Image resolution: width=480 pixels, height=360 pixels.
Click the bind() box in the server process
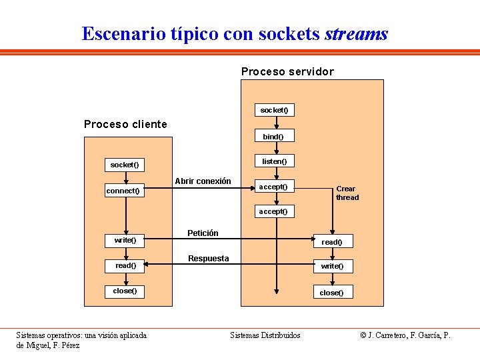click(x=273, y=137)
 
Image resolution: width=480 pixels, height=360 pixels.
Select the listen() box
click(x=274, y=161)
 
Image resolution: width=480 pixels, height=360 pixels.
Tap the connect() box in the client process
click(x=124, y=191)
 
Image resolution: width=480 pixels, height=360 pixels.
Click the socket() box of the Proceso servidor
click(x=274, y=110)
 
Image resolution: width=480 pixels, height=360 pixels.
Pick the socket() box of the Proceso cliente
click(x=125, y=165)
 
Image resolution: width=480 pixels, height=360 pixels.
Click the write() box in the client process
click(x=125, y=240)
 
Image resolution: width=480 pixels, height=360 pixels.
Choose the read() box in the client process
click(x=125, y=265)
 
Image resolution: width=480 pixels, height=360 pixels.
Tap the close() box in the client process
click(x=125, y=291)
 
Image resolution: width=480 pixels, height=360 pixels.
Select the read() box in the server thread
click(x=332, y=242)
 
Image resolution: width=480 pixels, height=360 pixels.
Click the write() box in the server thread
click(x=332, y=266)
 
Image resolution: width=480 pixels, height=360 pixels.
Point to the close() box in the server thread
click(x=332, y=293)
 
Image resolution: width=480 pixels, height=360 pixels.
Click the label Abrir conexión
click(x=203, y=181)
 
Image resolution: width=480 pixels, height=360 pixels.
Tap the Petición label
click(x=203, y=233)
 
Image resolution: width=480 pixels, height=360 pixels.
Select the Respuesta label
click(x=208, y=259)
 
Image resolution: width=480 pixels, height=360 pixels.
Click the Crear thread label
click(x=347, y=193)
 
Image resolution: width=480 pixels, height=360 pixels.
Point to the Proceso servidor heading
click(x=287, y=71)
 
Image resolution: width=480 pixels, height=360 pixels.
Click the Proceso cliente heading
click(x=125, y=124)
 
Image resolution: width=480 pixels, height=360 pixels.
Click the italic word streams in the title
click(x=356, y=33)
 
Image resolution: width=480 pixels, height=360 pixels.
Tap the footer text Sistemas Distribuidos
click(x=265, y=335)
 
